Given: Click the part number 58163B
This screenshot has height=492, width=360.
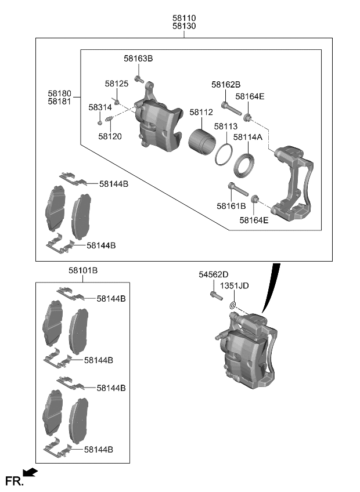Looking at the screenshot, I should [138, 59].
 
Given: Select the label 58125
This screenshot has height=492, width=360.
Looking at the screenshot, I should [117, 84].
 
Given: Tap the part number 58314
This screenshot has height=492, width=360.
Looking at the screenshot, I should [100, 107].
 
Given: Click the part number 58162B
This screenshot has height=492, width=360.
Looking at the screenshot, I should [226, 85].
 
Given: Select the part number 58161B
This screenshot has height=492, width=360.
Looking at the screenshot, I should [232, 206].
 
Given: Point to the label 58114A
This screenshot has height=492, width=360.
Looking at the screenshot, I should [248, 138].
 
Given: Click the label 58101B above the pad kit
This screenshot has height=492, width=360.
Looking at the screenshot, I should [83, 270].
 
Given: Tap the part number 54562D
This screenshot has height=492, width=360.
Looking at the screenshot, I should [214, 274].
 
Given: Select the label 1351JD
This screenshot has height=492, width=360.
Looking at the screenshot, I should [234, 285].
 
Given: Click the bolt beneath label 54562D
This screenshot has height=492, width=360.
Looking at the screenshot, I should [215, 295].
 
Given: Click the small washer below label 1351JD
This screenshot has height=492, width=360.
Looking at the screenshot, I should [232, 306].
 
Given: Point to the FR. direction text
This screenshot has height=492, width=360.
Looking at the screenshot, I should [13, 480].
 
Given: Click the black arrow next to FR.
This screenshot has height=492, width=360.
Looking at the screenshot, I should [31, 473].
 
